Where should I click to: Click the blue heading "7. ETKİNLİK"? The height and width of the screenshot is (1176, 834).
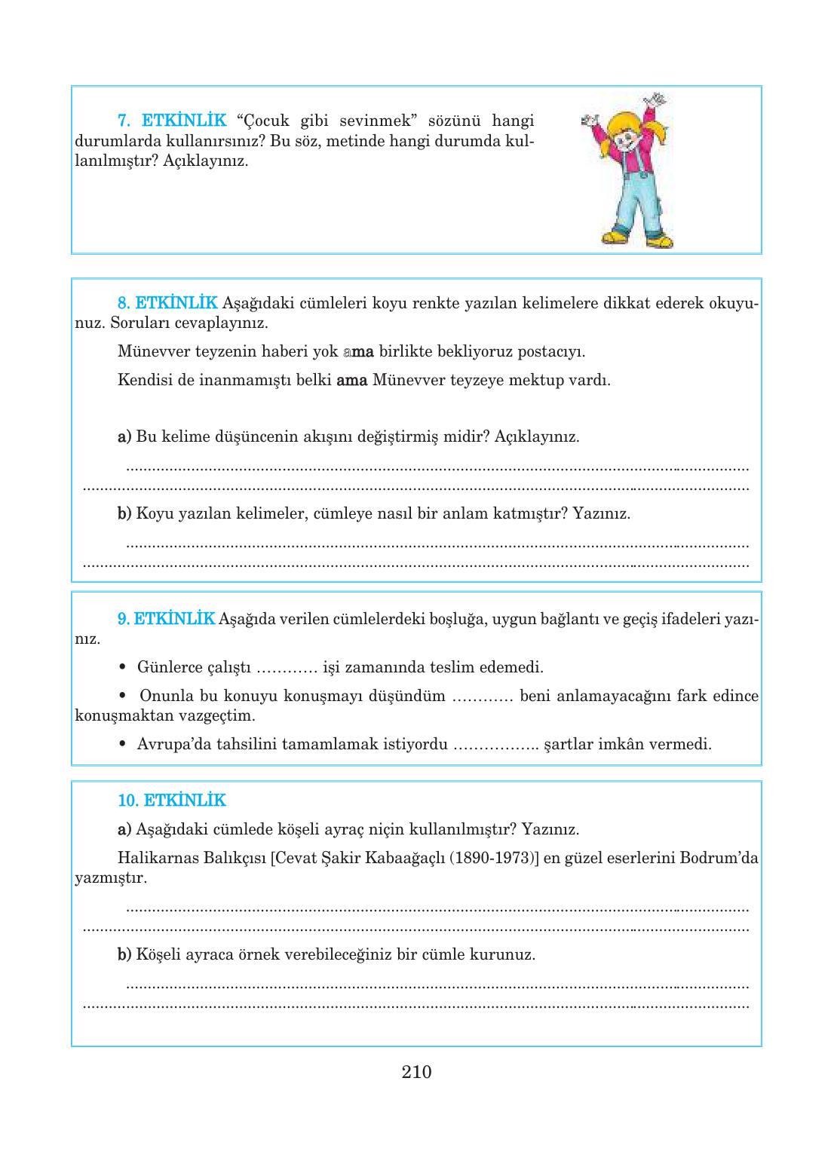pyautogui.click(x=172, y=121)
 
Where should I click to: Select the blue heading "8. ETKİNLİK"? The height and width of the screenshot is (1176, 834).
pyautogui.click(x=167, y=303)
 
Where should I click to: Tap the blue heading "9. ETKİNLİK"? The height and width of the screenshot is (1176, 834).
pyautogui.click(x=166, y=619)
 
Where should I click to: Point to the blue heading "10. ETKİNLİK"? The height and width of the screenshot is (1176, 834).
pyautogui.click(x=172, y=801)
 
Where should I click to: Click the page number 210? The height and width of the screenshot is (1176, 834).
pyautogui.click(x=416, y=1072)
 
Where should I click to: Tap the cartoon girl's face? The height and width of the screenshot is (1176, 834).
pyautogui.click(x=626, y=139)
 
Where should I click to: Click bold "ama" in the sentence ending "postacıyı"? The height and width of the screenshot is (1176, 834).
pyautogui.click(x=358, y=351)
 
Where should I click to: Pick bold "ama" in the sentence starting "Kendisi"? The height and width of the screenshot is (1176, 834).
pyautogui.click(x=351, y=380)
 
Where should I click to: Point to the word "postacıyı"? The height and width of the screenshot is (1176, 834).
pyautogui.click(x=550, y=351)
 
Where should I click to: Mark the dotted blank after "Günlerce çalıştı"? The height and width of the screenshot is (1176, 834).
pyautogui.click(x=287, y=668)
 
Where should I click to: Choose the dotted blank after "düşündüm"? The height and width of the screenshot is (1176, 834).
pyautogui.click(x=483, y=697)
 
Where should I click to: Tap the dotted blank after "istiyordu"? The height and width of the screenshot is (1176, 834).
pyautogui.click(x=495, y=745)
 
